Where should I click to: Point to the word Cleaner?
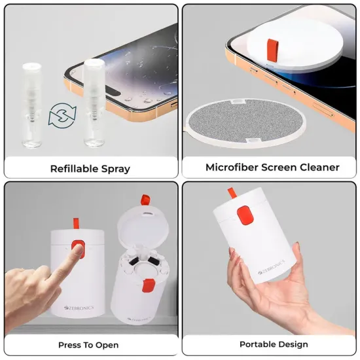click(x=318, y=168)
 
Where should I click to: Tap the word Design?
click(x=290, y=344)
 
